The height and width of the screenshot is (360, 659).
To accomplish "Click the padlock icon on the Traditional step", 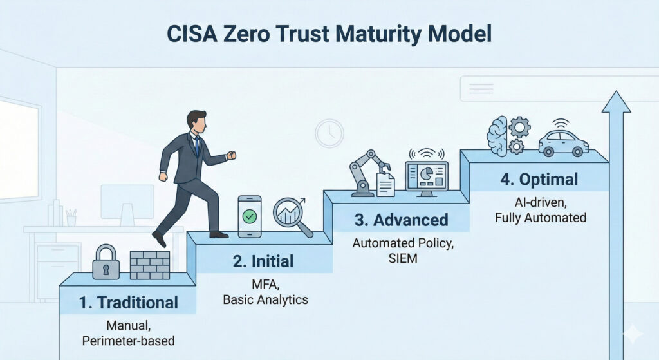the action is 106,262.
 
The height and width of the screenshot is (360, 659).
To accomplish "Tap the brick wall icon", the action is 150,265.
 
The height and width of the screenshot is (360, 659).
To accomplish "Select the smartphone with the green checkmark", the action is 250,216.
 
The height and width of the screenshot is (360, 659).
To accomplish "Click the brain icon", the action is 497,137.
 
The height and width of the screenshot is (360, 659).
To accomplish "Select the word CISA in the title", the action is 192,34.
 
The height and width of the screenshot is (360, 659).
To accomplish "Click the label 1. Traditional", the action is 129,303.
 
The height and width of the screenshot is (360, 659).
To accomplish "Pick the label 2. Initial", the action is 263,261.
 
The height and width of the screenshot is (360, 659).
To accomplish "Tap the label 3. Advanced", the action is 402,220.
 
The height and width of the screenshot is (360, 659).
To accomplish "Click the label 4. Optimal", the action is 539,179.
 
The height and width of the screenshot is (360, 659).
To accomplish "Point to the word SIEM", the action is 403,258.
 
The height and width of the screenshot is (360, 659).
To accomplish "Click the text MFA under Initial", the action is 265,285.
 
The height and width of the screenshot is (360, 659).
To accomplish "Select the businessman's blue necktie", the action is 196,146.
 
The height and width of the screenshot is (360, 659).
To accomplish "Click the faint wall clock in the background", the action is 329,133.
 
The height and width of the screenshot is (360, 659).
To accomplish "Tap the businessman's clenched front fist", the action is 231,155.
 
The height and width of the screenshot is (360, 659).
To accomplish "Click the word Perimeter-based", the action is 129,341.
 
